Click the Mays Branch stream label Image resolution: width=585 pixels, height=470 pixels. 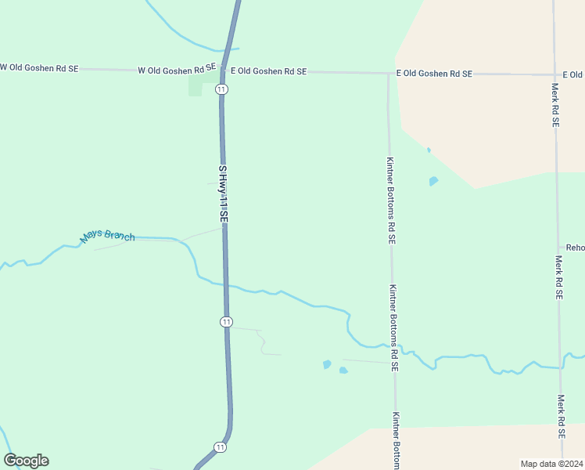pos(108,236)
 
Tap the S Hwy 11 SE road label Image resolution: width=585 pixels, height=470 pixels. pos(223,193)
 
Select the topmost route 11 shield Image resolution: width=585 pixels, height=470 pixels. pos(222,89)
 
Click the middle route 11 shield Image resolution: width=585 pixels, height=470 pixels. pos(226,321)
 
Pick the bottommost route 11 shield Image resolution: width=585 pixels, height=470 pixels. pos(221,447)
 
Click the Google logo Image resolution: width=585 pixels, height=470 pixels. pos(26,461)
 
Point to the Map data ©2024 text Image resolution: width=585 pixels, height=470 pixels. pos(551,464)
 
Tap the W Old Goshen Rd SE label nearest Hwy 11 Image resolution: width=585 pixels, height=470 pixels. pos(176,69)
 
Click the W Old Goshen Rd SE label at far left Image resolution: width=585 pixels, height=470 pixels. pos(39,68)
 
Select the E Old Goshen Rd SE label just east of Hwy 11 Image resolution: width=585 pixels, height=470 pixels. pos(268,71)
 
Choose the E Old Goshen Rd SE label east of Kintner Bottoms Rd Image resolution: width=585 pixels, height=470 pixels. pos(434,74)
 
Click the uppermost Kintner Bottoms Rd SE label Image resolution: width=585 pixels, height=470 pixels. pos(389,200)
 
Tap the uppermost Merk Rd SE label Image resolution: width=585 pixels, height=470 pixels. pos(554,106)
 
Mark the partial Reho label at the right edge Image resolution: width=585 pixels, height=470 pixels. pos(576,248)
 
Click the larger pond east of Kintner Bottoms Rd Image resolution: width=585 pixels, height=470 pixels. pos(433,181)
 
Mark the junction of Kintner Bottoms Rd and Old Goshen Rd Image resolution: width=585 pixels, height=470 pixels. pos(389,74)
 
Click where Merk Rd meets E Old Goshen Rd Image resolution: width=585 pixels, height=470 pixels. pos(554,75)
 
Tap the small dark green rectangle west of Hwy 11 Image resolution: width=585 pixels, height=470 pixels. pos(195,86)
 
